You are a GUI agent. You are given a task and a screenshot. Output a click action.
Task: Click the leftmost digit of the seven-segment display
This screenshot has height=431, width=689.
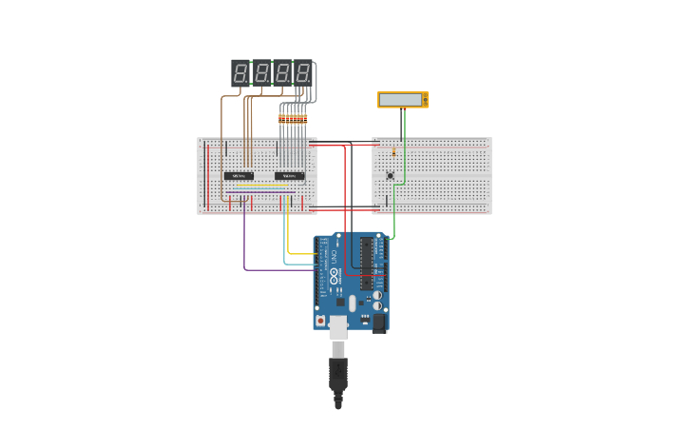[x=240, y=72]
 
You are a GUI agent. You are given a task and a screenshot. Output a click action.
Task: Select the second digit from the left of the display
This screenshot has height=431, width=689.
[x=261, y=72]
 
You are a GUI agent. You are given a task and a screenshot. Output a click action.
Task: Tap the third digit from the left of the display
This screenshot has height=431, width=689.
[x=282, y=72]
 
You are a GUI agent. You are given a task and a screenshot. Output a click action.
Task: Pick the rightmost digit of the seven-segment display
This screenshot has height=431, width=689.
[x=302, y=72]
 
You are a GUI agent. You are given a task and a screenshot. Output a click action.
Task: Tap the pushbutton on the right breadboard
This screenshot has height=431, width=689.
[x=390, y=175]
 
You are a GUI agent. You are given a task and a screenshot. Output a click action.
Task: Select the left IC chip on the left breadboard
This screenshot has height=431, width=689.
[x=238, y=176]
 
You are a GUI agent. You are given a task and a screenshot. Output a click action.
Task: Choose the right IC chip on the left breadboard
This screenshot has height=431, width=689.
[x=289, y=176]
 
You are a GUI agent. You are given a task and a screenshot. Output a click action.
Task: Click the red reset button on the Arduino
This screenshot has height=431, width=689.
[x=320, y=321]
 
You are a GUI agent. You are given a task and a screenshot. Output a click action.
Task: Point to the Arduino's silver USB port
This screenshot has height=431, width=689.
[x=338, y=327]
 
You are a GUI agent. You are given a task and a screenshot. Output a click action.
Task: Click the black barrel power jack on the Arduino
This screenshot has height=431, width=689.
[x=378, y=323]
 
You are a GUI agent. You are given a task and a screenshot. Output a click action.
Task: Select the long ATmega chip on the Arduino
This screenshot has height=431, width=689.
[x=366, y=264]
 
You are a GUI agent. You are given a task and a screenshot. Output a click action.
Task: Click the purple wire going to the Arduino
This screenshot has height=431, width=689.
[x=244, y=243]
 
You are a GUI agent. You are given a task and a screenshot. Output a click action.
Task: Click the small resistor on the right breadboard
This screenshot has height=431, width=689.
[x=393, y=151]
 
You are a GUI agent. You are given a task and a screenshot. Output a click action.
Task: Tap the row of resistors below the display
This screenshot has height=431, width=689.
[x=293, y=119]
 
